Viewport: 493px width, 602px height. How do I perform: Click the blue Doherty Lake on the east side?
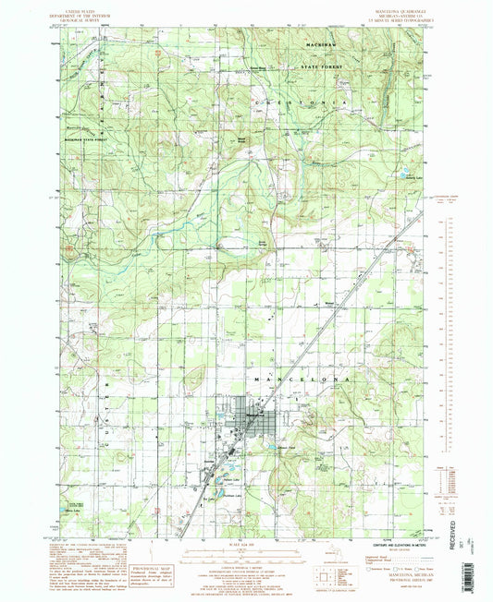[x=404, y=172]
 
